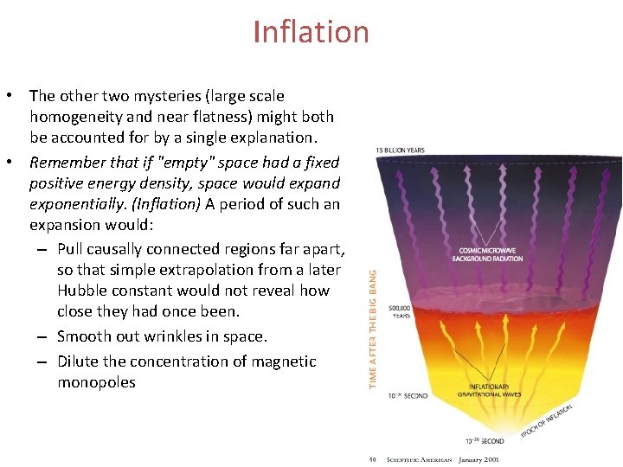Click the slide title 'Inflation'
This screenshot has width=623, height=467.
311,32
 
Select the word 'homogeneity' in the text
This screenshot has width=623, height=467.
74,117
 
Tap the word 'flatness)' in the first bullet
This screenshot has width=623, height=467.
229,117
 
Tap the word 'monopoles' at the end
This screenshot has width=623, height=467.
96,382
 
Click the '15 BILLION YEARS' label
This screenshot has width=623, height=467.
401,150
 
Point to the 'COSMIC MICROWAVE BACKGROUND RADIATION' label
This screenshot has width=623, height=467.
488,255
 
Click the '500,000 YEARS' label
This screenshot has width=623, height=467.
401,311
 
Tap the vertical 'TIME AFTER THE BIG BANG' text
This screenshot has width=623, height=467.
374,329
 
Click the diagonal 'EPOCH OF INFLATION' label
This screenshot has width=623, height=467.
549,419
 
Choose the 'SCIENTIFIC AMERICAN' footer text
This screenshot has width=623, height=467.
419,459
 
